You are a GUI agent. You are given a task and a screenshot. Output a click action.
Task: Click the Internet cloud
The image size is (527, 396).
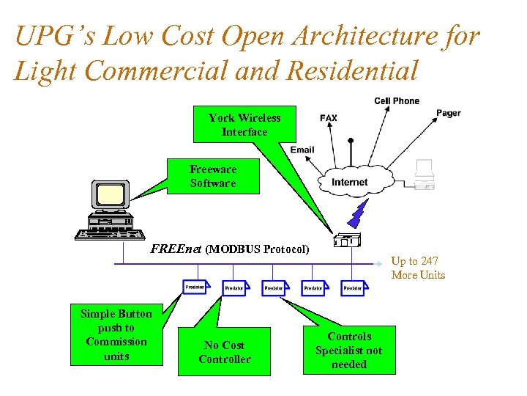349,181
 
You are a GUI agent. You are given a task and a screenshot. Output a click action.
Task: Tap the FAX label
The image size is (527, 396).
329,117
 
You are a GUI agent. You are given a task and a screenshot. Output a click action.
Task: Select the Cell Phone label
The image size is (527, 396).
397,101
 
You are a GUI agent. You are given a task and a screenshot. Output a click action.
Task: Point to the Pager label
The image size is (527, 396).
448,113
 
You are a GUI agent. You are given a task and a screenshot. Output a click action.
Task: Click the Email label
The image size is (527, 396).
302,150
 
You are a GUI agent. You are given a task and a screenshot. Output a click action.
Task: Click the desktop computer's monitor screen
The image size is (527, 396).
112,194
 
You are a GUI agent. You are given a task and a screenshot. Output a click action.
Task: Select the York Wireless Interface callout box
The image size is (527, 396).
244,125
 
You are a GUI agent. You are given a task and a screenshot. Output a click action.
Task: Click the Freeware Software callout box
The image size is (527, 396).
213,177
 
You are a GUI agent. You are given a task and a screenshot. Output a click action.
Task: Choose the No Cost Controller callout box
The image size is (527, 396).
224,352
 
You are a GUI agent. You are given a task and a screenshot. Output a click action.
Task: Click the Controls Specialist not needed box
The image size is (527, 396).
349,350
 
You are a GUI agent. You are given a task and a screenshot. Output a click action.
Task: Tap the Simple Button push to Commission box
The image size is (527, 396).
116,334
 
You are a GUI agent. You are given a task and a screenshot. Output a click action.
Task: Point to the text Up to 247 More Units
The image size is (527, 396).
418,268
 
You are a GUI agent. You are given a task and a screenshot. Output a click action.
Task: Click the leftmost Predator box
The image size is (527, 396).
195,287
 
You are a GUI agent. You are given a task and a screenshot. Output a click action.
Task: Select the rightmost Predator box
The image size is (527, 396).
353,288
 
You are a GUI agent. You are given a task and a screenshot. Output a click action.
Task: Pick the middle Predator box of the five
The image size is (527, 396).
274,288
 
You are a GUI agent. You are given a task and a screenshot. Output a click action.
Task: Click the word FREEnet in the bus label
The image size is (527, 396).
176,249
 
